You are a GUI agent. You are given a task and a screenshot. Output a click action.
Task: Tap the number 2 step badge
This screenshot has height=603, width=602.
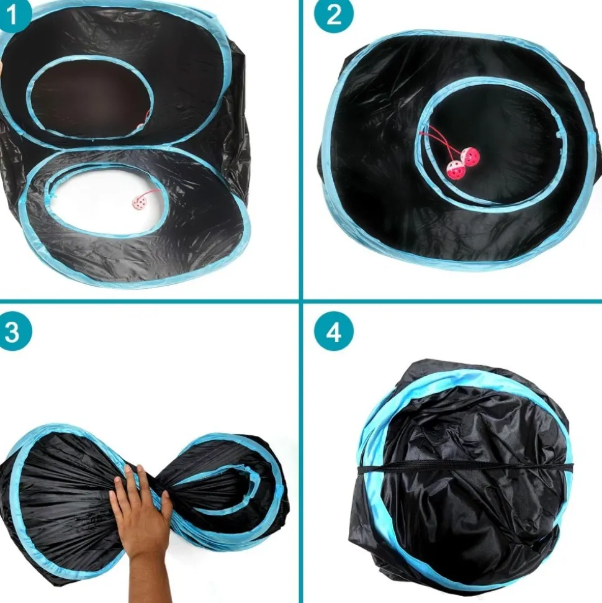tap(334, 15)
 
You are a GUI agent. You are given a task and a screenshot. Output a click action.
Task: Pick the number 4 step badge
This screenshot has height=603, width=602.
tap(334, 332)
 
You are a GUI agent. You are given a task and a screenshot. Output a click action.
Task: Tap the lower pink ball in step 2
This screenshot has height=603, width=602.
tap(453, 170)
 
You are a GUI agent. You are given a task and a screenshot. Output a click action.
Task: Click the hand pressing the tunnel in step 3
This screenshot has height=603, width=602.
tap(140, 509)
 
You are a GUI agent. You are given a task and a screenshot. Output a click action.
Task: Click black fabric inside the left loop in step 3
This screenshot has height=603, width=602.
tap(62, 497)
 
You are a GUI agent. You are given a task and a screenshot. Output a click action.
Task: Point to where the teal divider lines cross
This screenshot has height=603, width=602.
tap(301, 302)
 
